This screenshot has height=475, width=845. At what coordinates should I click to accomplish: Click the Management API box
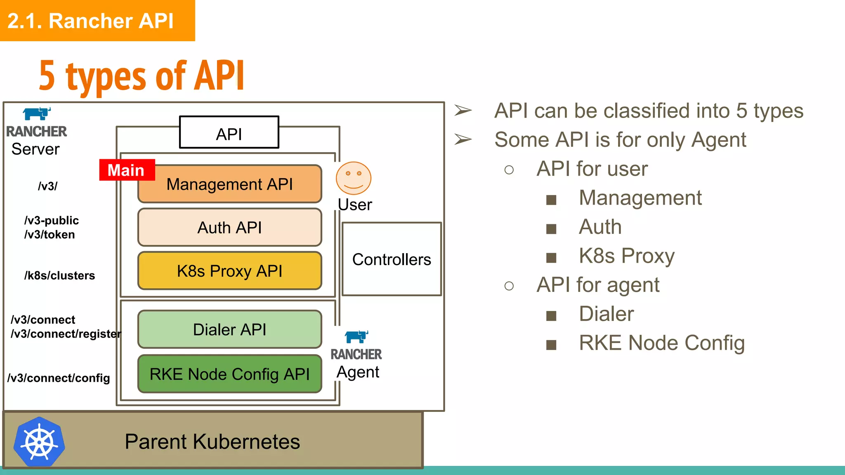click(229, 184)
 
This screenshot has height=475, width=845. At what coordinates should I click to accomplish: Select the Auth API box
click(229, 227)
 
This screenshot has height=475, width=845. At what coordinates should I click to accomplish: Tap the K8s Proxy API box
click(229, 271)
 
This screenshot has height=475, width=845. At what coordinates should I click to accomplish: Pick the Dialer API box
click(229, 329)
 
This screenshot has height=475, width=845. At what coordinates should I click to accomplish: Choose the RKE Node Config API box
click(229, 374)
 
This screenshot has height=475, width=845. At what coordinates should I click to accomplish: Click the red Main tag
click(127, 170)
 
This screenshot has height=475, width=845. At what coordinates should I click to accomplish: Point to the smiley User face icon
click(353, 178)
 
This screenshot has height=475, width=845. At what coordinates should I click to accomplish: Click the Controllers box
click(391, 259)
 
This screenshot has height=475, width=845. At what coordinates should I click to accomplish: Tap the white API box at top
click(229, 133)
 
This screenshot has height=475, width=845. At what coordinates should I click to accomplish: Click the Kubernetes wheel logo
click(39, 442)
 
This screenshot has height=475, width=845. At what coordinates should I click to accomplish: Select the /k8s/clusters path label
click(59, 275)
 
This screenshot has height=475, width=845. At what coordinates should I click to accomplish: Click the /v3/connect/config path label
click(59, 378)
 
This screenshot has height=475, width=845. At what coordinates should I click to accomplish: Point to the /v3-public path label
click(52, 221)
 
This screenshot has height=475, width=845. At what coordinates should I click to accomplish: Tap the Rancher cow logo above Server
click(37, 113)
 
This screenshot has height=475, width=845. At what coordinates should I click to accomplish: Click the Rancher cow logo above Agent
click(356, 336)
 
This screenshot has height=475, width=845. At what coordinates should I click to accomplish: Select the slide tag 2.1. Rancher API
click(91, 21)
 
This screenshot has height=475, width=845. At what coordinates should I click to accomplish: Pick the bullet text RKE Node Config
click(661, 343)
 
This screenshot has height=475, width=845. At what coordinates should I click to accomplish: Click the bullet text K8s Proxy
click(626, 256)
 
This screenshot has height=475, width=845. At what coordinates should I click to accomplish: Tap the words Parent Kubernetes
click(212, 442)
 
